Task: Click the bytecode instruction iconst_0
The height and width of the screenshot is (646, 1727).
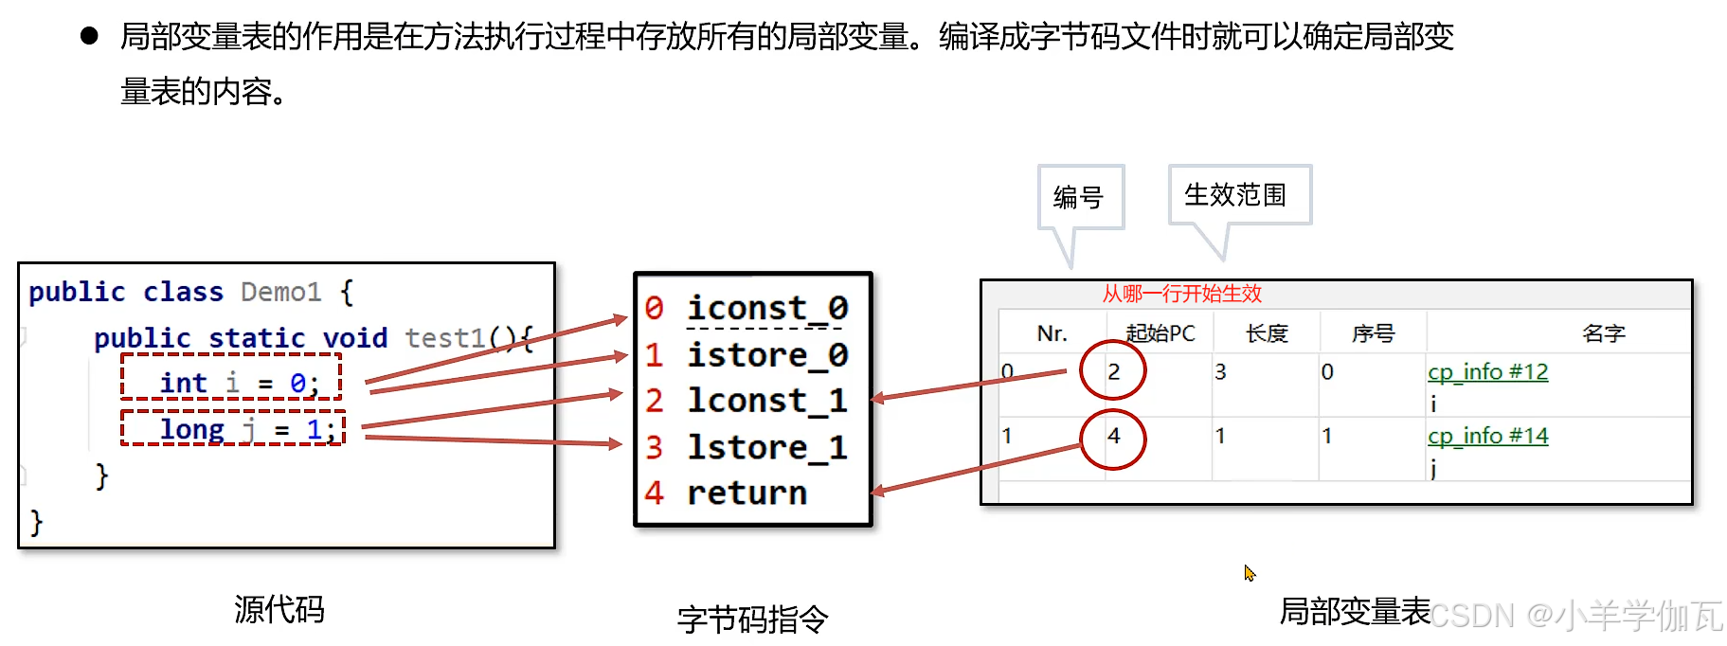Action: pyautogui.click(x=766, y=309)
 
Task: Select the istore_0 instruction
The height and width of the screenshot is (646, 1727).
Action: pyautogui.click(x=766, y=355)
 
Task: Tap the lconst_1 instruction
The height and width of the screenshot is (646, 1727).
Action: pyautogui.click(x=766, y=401)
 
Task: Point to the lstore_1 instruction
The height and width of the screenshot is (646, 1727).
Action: pyautogui.click(x=766, y=447)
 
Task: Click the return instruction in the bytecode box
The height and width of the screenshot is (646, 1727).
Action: pyautogui.click(x=747, y=493)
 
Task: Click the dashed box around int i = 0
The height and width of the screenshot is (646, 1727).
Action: pyautogui.click(x=231, y=377)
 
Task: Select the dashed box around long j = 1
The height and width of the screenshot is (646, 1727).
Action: pyautogui.click(x=233, y=428)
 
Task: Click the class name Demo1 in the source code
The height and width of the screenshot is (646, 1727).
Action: pyautogui.click(x=280, y=292)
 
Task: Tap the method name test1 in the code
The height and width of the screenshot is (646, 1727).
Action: pyautogui.click(x=444, y=338)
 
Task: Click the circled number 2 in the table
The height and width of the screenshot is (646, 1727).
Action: pyautogui.click(x=1113, y=371)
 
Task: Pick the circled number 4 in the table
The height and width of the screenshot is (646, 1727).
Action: pyautogui.click(x=1113, y=436)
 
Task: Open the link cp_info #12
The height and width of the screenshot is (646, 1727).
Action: pyautogui.click(x=1487, y=371)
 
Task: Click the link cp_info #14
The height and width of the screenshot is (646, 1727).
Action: pyautogui.click(x=1487, y=436)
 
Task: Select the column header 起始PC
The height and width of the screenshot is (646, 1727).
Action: pyautogui.click(x=1160, y=333)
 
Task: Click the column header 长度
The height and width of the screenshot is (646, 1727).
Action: pyautogui.click(x=1267, y=333)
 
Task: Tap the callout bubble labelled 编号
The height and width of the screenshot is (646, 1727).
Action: pyautogui.click(x=1079, y=197)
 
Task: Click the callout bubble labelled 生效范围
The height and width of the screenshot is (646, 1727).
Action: pyautogui.click(x=1235, y=195)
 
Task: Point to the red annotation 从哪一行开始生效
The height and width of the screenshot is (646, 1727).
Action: pyautogui.click(x=1181, y=294)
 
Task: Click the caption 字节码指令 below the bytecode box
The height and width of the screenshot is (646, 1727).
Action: pyautogui.click(x=752, y=619)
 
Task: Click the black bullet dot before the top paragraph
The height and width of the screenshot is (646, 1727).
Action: pyautogui.click(x=90, y=37)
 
